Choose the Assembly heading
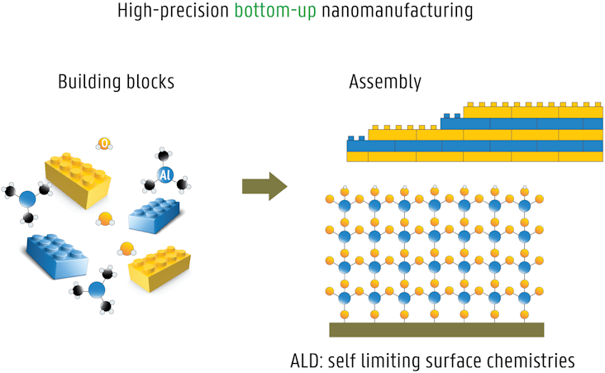pyautogui.click(x=385, y=83)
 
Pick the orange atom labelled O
pyautogui.click(x=105, y=144)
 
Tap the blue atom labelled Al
pyautogui.click(x=164, y=175)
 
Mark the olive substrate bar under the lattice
pyautogui.click(x=436, y=330)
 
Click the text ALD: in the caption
pyautogui.click(x=310, y=361)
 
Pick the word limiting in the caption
pyautogui.click(x=386, y=361)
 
